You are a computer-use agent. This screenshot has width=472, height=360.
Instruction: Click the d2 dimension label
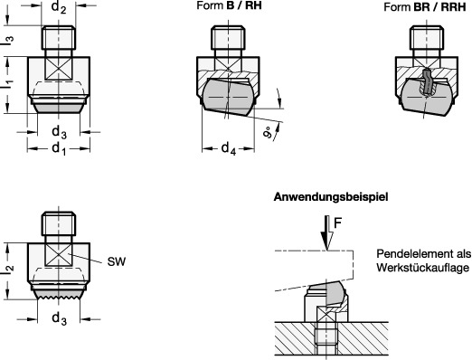[58, 7]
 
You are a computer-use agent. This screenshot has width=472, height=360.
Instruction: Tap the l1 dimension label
[8, 84]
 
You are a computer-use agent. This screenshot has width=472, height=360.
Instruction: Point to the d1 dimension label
[59, 149]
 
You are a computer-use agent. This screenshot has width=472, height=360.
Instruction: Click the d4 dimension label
[229, 148]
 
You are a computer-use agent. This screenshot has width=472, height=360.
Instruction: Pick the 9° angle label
[268, 133]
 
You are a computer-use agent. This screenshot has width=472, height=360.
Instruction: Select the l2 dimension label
[8, 269]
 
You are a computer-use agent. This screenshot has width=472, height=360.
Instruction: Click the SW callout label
[117, 261]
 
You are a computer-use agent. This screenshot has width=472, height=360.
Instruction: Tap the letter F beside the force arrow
[337, 223]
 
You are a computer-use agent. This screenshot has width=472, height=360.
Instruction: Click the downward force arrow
[326, 232]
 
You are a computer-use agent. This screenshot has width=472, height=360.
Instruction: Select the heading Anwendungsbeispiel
[331, 197]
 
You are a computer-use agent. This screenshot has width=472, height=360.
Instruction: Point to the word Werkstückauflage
[423, 268]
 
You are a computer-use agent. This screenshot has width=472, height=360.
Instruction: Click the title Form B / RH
[229, 5]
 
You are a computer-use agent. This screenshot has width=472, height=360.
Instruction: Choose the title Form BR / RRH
[425, 7]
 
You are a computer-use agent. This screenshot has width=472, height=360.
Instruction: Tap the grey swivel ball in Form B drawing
[228, 97]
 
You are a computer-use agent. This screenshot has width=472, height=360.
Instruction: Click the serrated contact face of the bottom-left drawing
[59, 293]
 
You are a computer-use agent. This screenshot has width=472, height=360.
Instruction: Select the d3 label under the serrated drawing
[59, 318]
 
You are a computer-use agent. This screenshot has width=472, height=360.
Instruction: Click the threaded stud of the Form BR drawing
[426, 38]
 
